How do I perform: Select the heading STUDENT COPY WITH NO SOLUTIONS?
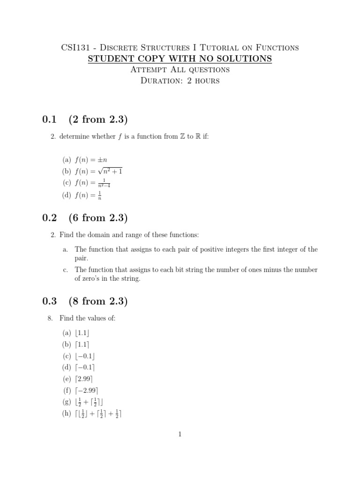click(180, 59)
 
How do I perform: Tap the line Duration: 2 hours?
click(180, 81)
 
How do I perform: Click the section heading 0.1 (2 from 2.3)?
click(84, 119)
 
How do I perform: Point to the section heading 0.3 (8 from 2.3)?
click(84, 301)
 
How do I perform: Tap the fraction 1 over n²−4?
click(106, 183)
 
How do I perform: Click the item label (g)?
click(67, 402)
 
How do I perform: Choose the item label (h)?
click(67, 413)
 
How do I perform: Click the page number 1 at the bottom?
click(180, 435)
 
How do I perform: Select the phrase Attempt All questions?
click(180, 70)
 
